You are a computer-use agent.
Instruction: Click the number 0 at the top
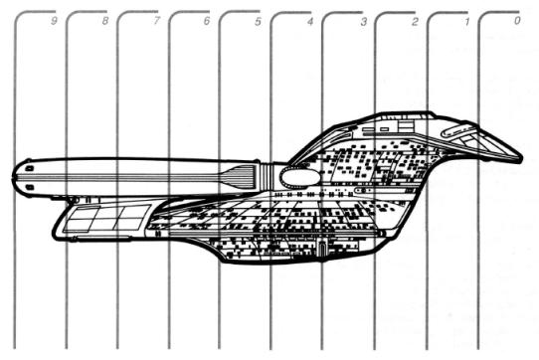tap(517, 21)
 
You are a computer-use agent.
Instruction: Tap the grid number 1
tap(466, 22)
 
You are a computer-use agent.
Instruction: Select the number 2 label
tap(415, 22)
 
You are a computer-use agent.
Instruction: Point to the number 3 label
tap(363, 22)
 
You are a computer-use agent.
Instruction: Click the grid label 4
tap(310, 22)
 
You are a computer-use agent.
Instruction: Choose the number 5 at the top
tap(258, 22)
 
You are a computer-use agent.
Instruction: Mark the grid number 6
tap(206, 21)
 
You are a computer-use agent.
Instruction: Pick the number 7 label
tap(156, 21)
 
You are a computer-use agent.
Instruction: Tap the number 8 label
tap(105, 21)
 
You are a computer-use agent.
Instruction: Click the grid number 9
tap(54, 21)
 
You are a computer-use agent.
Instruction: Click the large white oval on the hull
tap(300, 176)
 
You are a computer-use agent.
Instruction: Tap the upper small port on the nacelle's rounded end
tap(30, 168)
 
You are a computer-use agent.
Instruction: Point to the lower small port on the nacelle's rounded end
tap(30, 187)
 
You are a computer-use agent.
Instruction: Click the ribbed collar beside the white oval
tap(266, 176)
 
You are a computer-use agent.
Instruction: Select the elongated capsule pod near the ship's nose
tap(458, 131)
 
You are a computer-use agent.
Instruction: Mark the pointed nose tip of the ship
tap(521, 159)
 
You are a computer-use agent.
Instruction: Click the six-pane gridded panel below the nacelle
tap(106, 219)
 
